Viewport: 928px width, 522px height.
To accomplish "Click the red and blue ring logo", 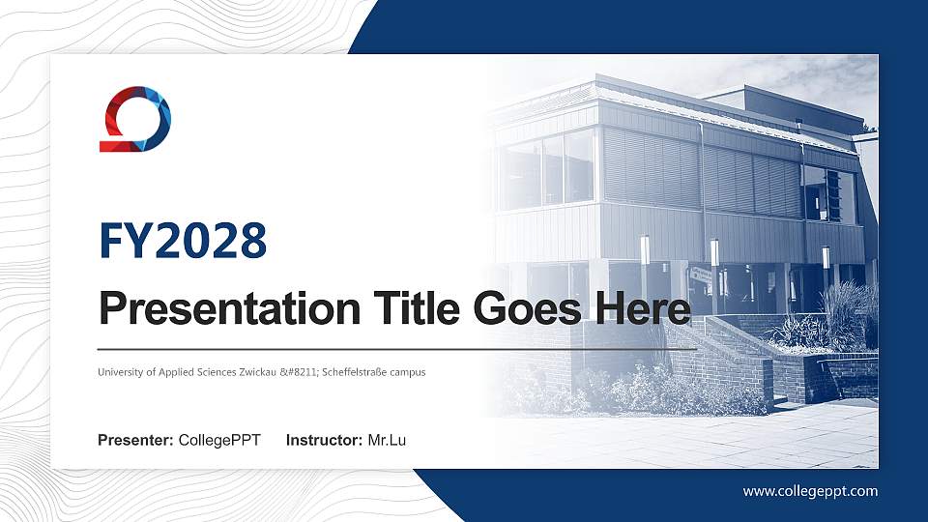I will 135,119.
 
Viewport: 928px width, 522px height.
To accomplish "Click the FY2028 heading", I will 183,241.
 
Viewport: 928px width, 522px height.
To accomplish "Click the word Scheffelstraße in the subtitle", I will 357,372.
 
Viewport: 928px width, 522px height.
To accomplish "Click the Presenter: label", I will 135,441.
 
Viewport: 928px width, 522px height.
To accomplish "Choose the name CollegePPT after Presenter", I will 219,441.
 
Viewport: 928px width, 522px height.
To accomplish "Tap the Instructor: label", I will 325,441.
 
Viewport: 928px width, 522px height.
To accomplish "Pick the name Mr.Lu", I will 387,441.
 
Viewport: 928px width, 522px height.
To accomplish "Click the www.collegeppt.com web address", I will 810,491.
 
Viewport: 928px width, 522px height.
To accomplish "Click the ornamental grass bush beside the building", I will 849,314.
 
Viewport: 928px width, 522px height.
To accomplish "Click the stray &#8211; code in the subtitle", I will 300,372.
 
